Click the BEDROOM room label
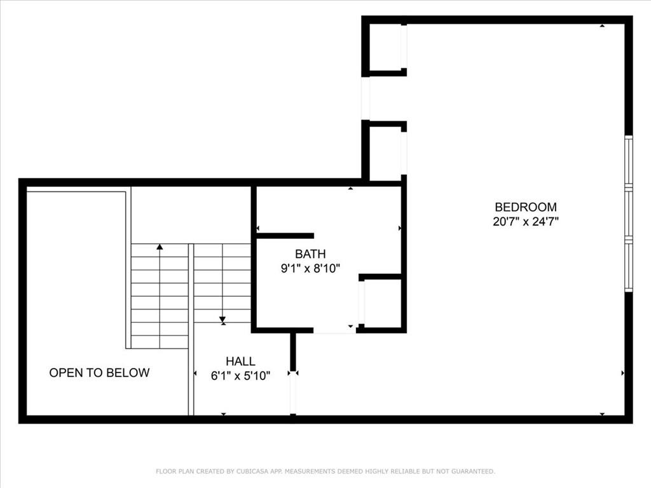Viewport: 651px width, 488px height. [x=526, y=207]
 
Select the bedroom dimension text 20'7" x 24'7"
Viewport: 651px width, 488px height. [x=526, y=221]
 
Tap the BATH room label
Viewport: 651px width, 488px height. [x=310, y=254]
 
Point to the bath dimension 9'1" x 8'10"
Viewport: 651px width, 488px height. [x=310, y=269]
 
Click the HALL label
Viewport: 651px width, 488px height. [x=240, y=361]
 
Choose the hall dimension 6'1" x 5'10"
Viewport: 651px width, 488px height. [x=240, y=376]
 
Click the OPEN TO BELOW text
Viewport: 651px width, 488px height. [x=99, y=372]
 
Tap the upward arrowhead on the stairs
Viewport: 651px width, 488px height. [x=160, y=247]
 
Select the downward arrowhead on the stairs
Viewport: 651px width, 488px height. [x=223, y=320]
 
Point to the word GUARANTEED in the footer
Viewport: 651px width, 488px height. [x=473, y=471]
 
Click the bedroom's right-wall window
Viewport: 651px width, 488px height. [x=629, y=213]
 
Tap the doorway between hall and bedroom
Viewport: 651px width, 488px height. [x=293, y=393]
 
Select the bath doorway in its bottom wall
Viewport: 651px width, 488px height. [x=334, y=330]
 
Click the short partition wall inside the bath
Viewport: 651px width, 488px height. [x=285, y=236]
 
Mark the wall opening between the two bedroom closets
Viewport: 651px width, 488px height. [x=366, y=98]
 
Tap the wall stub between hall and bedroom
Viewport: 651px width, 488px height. [x=293, y=351]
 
